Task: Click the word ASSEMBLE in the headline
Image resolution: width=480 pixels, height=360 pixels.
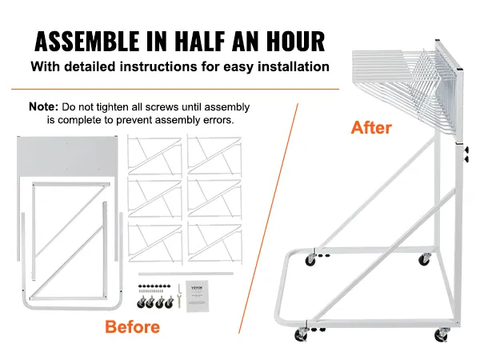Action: pos(86,41)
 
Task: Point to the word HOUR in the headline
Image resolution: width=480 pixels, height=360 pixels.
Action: pos(295,41)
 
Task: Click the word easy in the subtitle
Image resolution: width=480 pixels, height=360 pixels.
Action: pos(238,67)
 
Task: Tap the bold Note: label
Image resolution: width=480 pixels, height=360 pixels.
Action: pos(43,106)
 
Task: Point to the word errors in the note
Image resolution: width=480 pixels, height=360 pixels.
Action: pos(218,120)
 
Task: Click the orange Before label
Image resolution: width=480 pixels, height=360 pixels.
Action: pos(132,327)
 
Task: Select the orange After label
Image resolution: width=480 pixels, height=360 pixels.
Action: pos(371,127)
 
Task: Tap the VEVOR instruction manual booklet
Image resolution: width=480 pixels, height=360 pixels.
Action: pos(197,296)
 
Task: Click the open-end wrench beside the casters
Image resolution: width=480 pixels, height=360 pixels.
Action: pos(179,301)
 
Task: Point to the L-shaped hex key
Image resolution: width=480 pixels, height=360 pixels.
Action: pos(179,288)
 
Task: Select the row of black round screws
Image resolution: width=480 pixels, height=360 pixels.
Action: pos(154,286)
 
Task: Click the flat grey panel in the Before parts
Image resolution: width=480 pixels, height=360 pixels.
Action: pos(67,155)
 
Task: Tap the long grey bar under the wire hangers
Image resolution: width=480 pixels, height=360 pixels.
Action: pos(186,274)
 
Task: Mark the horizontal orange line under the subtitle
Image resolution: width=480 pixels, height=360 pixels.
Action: pos(175,89)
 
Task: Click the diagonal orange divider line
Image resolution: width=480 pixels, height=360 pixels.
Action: pos(268,218)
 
